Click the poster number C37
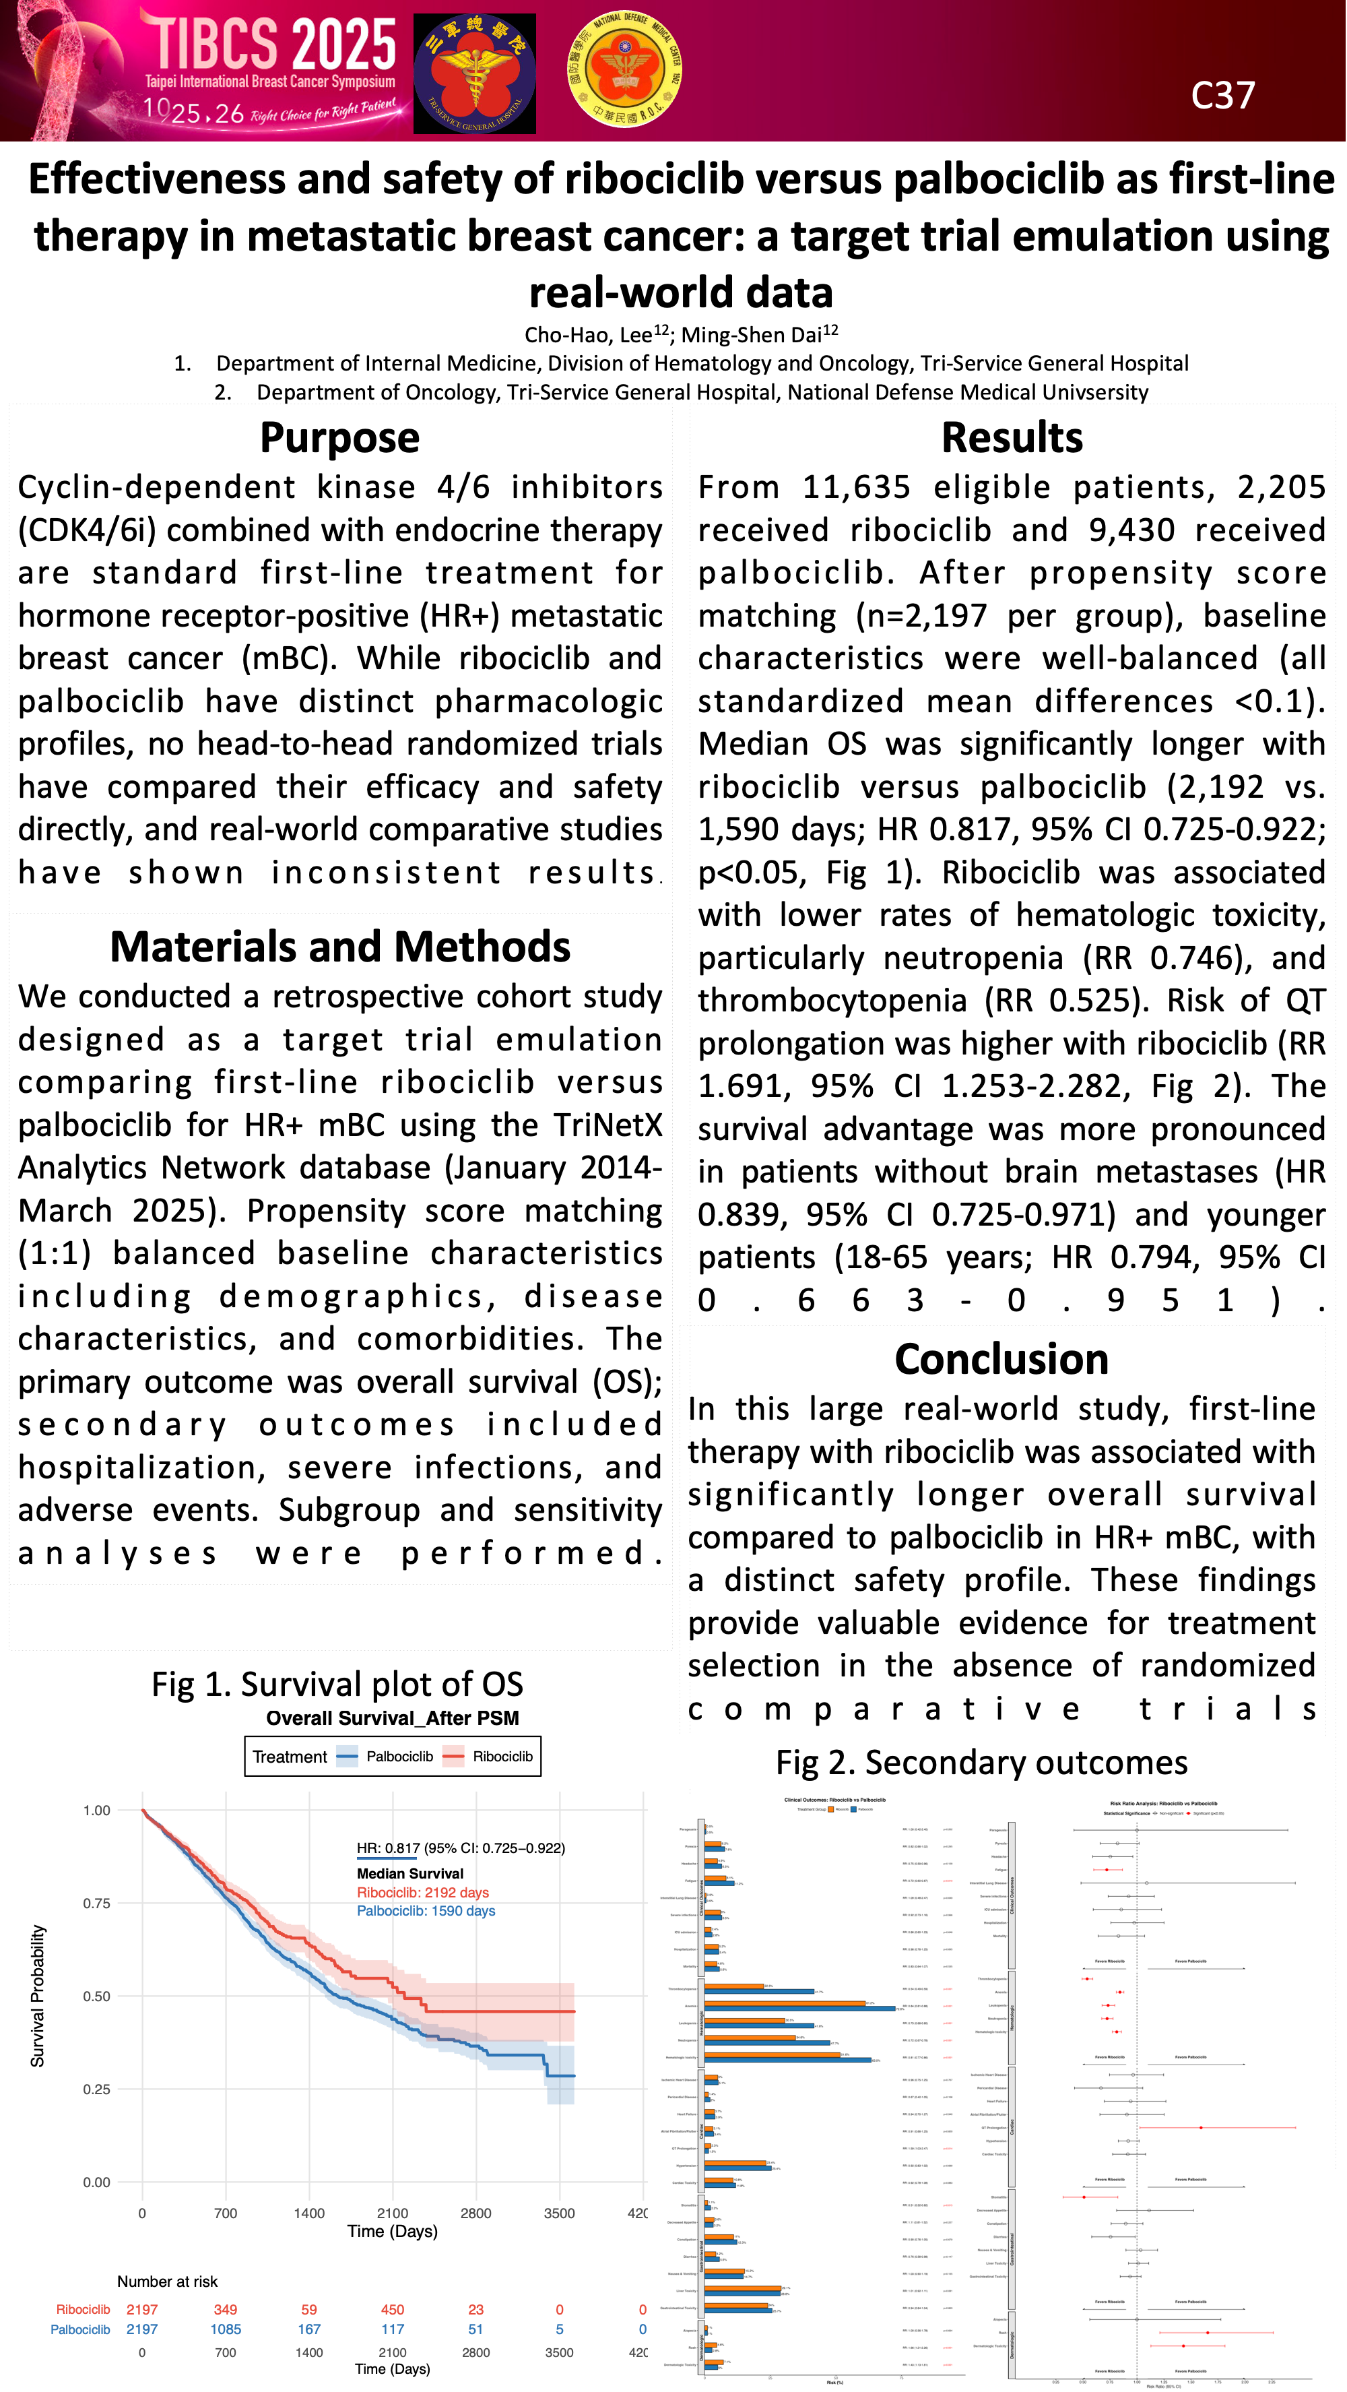[x=1222, y=96]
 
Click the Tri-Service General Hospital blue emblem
[x=474, y=73]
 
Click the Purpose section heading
[x=339, y=437]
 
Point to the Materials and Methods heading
[x=339, y=947]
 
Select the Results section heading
[x=1012, y=437]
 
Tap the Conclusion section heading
[x=1001, y=1360]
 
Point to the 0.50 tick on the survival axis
[x=96, y=1996]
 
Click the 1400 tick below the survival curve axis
[x=309, y=2213]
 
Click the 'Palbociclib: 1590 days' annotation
[x=426, y=1911]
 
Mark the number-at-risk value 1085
[x=226, y=2329]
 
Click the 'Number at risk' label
[x=167, y=2281]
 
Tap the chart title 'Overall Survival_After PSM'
[x=393, y=1718]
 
